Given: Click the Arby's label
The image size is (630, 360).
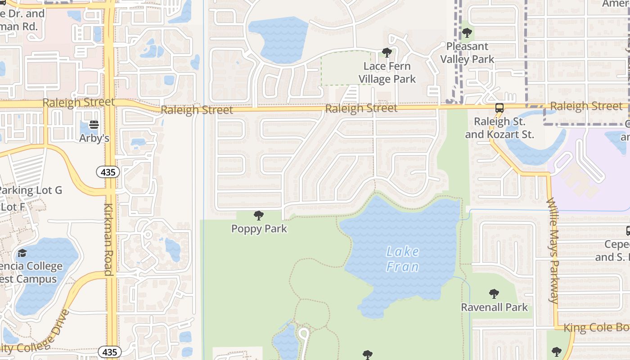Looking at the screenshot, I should click(94, 138).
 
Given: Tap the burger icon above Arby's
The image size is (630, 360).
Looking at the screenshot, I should click(94, 125).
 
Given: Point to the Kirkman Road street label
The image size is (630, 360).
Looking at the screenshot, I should click(108, 239).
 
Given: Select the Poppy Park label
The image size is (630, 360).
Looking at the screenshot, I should click(259, 229).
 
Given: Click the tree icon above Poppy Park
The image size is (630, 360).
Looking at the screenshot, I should click(259, 216).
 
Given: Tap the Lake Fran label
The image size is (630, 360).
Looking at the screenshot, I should click(403, 259).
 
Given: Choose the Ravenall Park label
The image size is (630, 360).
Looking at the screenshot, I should click(494, 307).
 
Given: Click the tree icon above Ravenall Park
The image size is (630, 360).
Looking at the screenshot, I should click(494, 294).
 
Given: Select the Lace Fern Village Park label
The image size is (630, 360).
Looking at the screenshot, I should click(387, 72).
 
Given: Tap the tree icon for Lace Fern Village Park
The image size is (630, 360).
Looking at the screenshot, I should click(387, 53).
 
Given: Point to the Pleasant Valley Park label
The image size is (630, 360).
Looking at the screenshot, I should click(467, 53).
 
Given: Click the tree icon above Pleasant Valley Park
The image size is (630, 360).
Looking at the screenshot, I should click(467, 33).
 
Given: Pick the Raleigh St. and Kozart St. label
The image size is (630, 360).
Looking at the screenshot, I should click(499, 128).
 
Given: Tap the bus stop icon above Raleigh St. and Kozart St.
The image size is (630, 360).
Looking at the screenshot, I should click(499, 108).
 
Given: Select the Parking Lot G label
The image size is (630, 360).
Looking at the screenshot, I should click(31, 190).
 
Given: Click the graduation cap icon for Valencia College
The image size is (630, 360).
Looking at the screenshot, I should click(22, 253).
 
